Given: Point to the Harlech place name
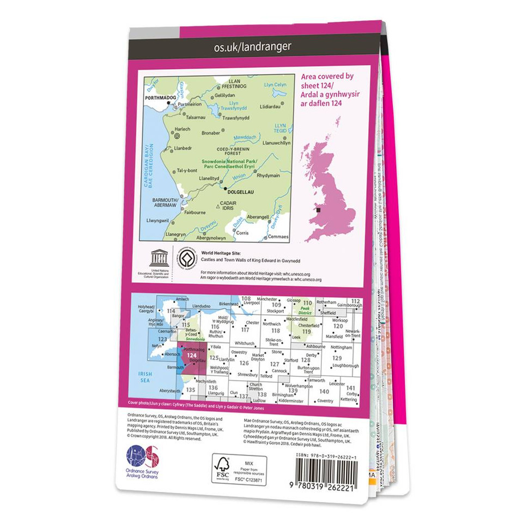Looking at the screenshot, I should click(182, 129).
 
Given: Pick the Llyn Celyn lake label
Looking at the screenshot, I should click(275, 85).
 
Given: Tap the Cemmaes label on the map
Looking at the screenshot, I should click(278, 236).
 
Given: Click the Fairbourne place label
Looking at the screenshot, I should click(195, 212).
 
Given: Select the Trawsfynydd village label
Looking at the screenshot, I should click(236, 118).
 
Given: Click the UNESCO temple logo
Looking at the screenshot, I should click(159, 257).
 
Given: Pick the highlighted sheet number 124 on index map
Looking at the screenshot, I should click(191, 355).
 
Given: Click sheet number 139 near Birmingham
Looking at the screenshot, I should click(293, 390).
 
